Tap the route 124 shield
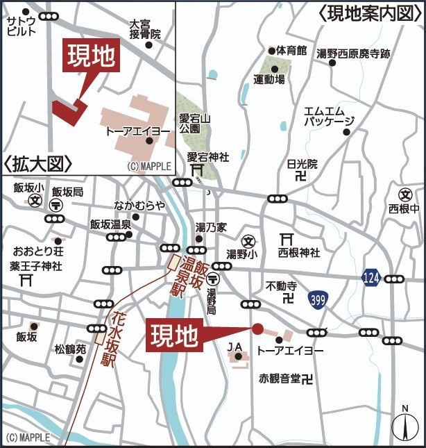(x=370, y=279)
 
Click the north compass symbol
(x=402, y=426)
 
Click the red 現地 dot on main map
(x=257, y=329)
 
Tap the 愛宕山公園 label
(x=189, y=123)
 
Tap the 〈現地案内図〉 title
(x=370, y=13)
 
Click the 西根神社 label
(x=299, y=251)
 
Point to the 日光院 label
(x=302, y=165)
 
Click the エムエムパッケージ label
(x=329, y=116)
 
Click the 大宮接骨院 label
(x=145, y=28)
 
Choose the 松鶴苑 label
(x=70, y=349)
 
